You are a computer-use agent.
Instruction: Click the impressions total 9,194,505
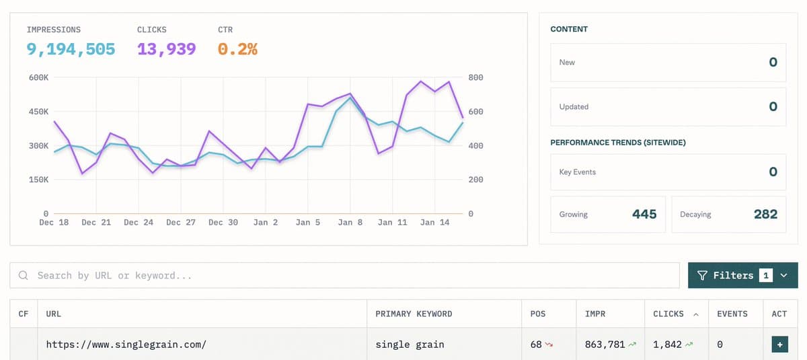pyautogui.click(x=71, y=49)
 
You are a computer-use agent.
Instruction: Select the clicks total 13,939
pyautogui.click(x=166, y=49)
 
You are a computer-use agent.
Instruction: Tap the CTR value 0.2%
pyautogui.click(x=237, y=49)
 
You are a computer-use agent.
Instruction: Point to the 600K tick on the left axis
pyautogui.click(x=38, y=77)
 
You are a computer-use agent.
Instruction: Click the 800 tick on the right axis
pyautogui.click(x=475, y=77)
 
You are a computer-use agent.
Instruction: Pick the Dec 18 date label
pyautogui.click(x=54, y=222)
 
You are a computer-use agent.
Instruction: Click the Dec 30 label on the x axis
pyautogui.click(x=223, y=222)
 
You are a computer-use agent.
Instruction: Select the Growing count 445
pyautogui.click(x=644, y=214)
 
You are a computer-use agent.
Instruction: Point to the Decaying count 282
pyautogui.click(x=765, y=214)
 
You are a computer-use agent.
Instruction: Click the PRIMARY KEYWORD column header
pyautogui.click(x=414, y=314)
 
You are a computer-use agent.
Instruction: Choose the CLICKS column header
pyautogui.click(x=668, y=314)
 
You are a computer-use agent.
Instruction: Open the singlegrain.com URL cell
pyautogui.click(x=126, y=344)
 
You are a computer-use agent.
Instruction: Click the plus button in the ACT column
pyautogui.click(x=780, y=345)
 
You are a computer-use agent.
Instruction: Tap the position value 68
pyautogui.click(x=536, y=344)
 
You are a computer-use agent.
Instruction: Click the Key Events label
pyautogui.click(x=578, y=172)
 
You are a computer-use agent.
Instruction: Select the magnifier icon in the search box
pyautogui.click(x=24, y=275)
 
